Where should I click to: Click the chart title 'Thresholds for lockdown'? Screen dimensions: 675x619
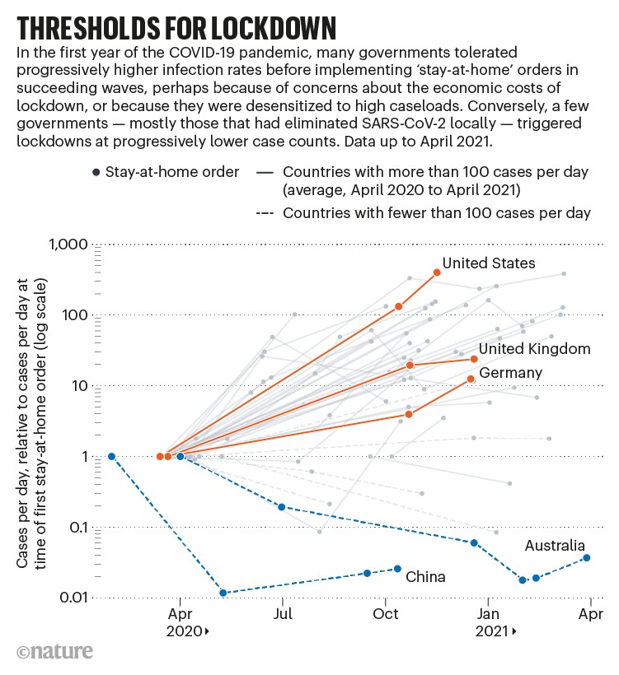click(x=176, y=27)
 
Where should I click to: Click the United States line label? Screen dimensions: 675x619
click(x=489, y=263)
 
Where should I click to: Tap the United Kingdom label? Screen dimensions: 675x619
click(x=534, y=349)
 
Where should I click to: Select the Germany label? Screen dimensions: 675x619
click(x=510, y=373)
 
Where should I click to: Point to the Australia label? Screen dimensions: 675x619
click(x=555, y=546)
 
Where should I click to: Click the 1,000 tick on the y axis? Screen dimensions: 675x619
click(x=63, y=245)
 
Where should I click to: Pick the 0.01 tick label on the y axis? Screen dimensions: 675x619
click(x=69, y=598)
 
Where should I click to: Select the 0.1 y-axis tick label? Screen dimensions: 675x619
click(x=74, y=528)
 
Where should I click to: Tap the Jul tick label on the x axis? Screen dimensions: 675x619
click(x=283, y=613)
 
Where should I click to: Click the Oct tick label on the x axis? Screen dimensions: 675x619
click(x=385, y=613)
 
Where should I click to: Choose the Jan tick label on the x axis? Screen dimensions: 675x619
click(x=488, y=613)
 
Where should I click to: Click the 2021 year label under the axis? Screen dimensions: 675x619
click(x=492, y=631)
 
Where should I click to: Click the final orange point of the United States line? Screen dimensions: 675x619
click(x=437, y=272)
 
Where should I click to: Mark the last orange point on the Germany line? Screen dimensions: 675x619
click(x=471, y=379)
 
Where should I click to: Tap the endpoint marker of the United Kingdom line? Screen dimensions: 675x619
click(x=474, y=359)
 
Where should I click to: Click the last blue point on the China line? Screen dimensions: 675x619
click(x=398, y=569)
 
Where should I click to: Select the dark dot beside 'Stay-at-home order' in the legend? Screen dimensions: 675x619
click(x=97, y=172)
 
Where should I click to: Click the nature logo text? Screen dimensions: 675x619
click(x=54, y=653)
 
